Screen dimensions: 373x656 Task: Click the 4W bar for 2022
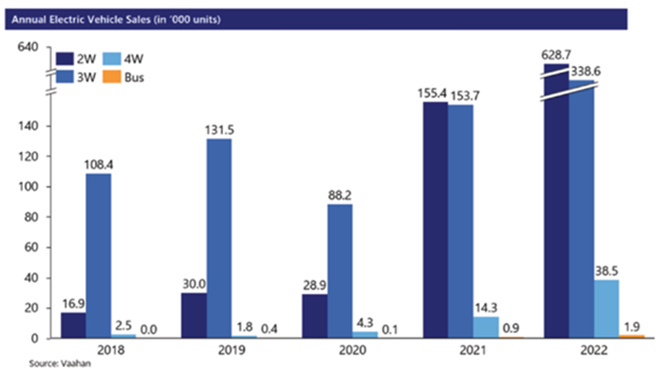[x=606, y=309]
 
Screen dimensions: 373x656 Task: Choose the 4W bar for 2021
[x=485, y=328]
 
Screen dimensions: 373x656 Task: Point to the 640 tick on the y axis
[x=26, y=47]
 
